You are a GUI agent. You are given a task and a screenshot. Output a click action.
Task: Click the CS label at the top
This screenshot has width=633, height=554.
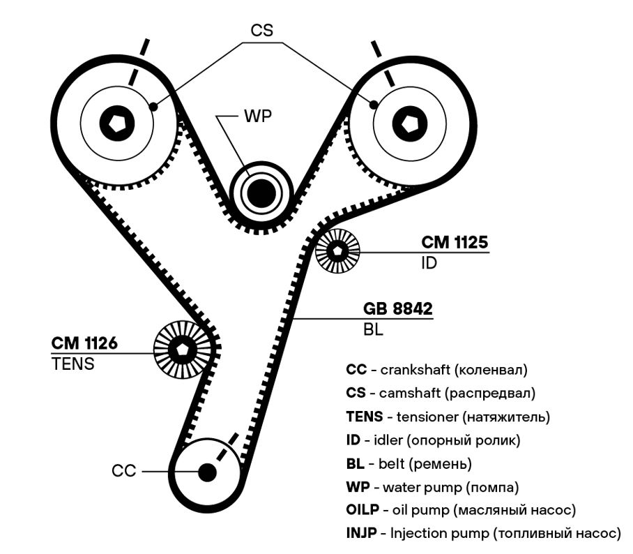pyautogui.click(x=261, y=30)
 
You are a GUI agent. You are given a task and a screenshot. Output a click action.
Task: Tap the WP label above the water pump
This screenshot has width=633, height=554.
pyautogui.click(x=258, y=117)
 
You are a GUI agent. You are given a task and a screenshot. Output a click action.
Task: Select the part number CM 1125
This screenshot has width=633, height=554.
pyautogui.click(x=455, y=242)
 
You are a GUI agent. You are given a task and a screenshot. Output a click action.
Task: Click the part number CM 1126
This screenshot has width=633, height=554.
pyautogui.click(x=84, y=343)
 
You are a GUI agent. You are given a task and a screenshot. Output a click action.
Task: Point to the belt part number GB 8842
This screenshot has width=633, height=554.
pyautogui.click(x=397, y=308)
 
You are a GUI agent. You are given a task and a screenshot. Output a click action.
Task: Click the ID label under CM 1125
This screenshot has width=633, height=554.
pyautogui.click(x=429, y=263)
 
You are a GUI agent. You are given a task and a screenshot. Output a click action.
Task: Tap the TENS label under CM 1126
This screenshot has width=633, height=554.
pyautogui.click(x=73, y=364)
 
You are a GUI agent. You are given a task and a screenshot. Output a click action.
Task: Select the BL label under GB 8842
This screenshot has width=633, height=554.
pyautogui.click(x=373, y=330)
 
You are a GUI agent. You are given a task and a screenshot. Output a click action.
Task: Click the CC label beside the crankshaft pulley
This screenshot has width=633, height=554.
pyautogui.click(x=124, y=471)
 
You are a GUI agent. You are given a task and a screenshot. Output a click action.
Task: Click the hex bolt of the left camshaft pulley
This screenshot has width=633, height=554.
pyautogui.click(x=116, y=123)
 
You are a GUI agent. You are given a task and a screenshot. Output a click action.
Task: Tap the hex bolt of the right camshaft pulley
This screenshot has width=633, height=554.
pyautogui.click(x=410, y=123)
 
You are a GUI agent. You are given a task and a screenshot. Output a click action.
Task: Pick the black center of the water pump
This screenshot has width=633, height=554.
pyautogui.click(x=261, y=193)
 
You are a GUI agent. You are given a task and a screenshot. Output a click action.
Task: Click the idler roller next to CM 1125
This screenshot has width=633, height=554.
pyautogui.click(x=337, y=251)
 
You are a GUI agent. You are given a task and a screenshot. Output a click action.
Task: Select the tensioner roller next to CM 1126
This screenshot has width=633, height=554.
pyautogui.click(x=183, y=350)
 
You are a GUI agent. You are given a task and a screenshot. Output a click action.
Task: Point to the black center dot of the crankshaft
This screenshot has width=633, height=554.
pyautogui.click(x=208, y=472)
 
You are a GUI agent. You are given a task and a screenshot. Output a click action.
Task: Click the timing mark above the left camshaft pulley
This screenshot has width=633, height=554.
pyautogui.click(x=139, y=62)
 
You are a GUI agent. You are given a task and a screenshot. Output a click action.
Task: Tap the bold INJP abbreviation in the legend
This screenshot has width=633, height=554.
pyautogui.click(x=361, y=533)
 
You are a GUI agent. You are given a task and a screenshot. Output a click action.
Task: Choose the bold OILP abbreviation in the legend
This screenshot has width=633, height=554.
pyautogui.click(x=363, y=509)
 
